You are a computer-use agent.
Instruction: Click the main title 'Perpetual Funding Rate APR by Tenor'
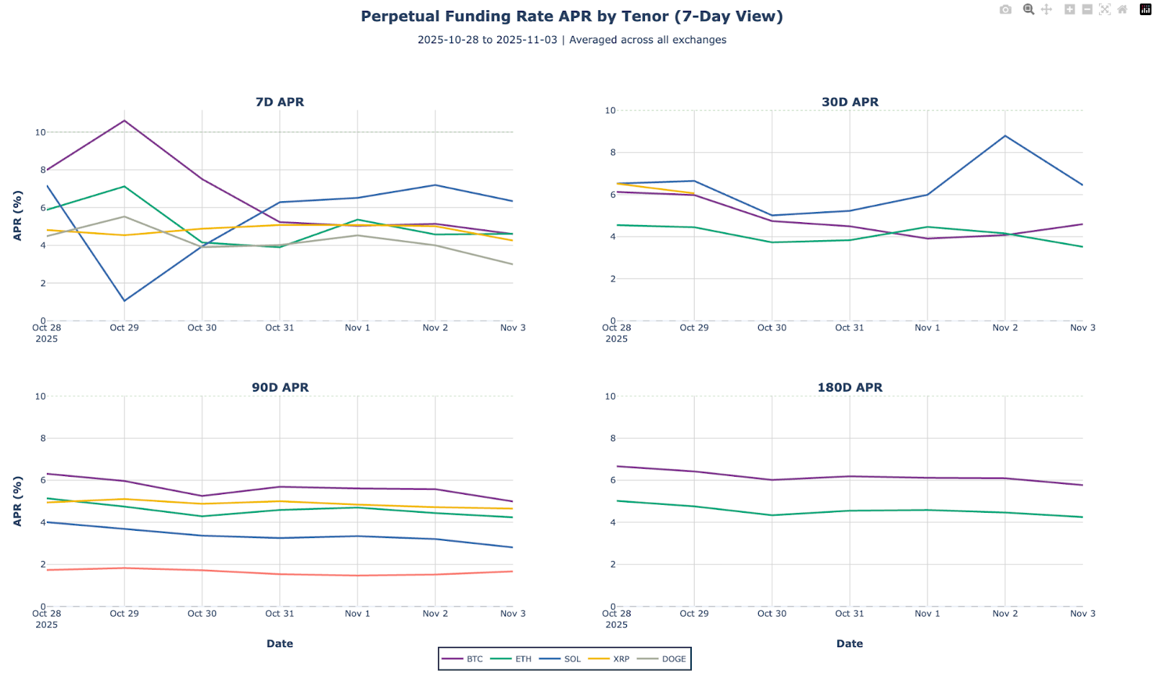coord(571,16)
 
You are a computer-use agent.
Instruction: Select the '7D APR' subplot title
coord(280,102)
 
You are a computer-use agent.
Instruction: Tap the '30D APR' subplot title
coord(850,102)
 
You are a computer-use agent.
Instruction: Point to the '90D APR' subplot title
coord(280,387)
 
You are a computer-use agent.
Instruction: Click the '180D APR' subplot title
coord(850,387)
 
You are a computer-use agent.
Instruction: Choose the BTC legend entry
coord(463,659)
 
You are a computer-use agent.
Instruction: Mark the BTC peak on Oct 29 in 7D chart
coord(125,120)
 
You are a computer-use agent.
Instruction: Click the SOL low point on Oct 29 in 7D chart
coord(125,301)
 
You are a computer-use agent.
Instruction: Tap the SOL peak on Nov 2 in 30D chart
coord(1005,136)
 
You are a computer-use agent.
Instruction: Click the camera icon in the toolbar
coord(1005,9)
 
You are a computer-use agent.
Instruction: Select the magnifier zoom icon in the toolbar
coord(1028,9)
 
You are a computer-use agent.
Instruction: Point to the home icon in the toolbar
coord(1122,9)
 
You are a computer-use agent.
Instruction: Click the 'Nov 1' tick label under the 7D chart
coord(357,327)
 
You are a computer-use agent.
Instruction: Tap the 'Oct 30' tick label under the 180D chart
coord(772,613)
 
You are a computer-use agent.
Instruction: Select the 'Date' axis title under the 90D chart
coord(280,643)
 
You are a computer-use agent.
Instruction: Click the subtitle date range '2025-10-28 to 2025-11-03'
coord(487,40)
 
